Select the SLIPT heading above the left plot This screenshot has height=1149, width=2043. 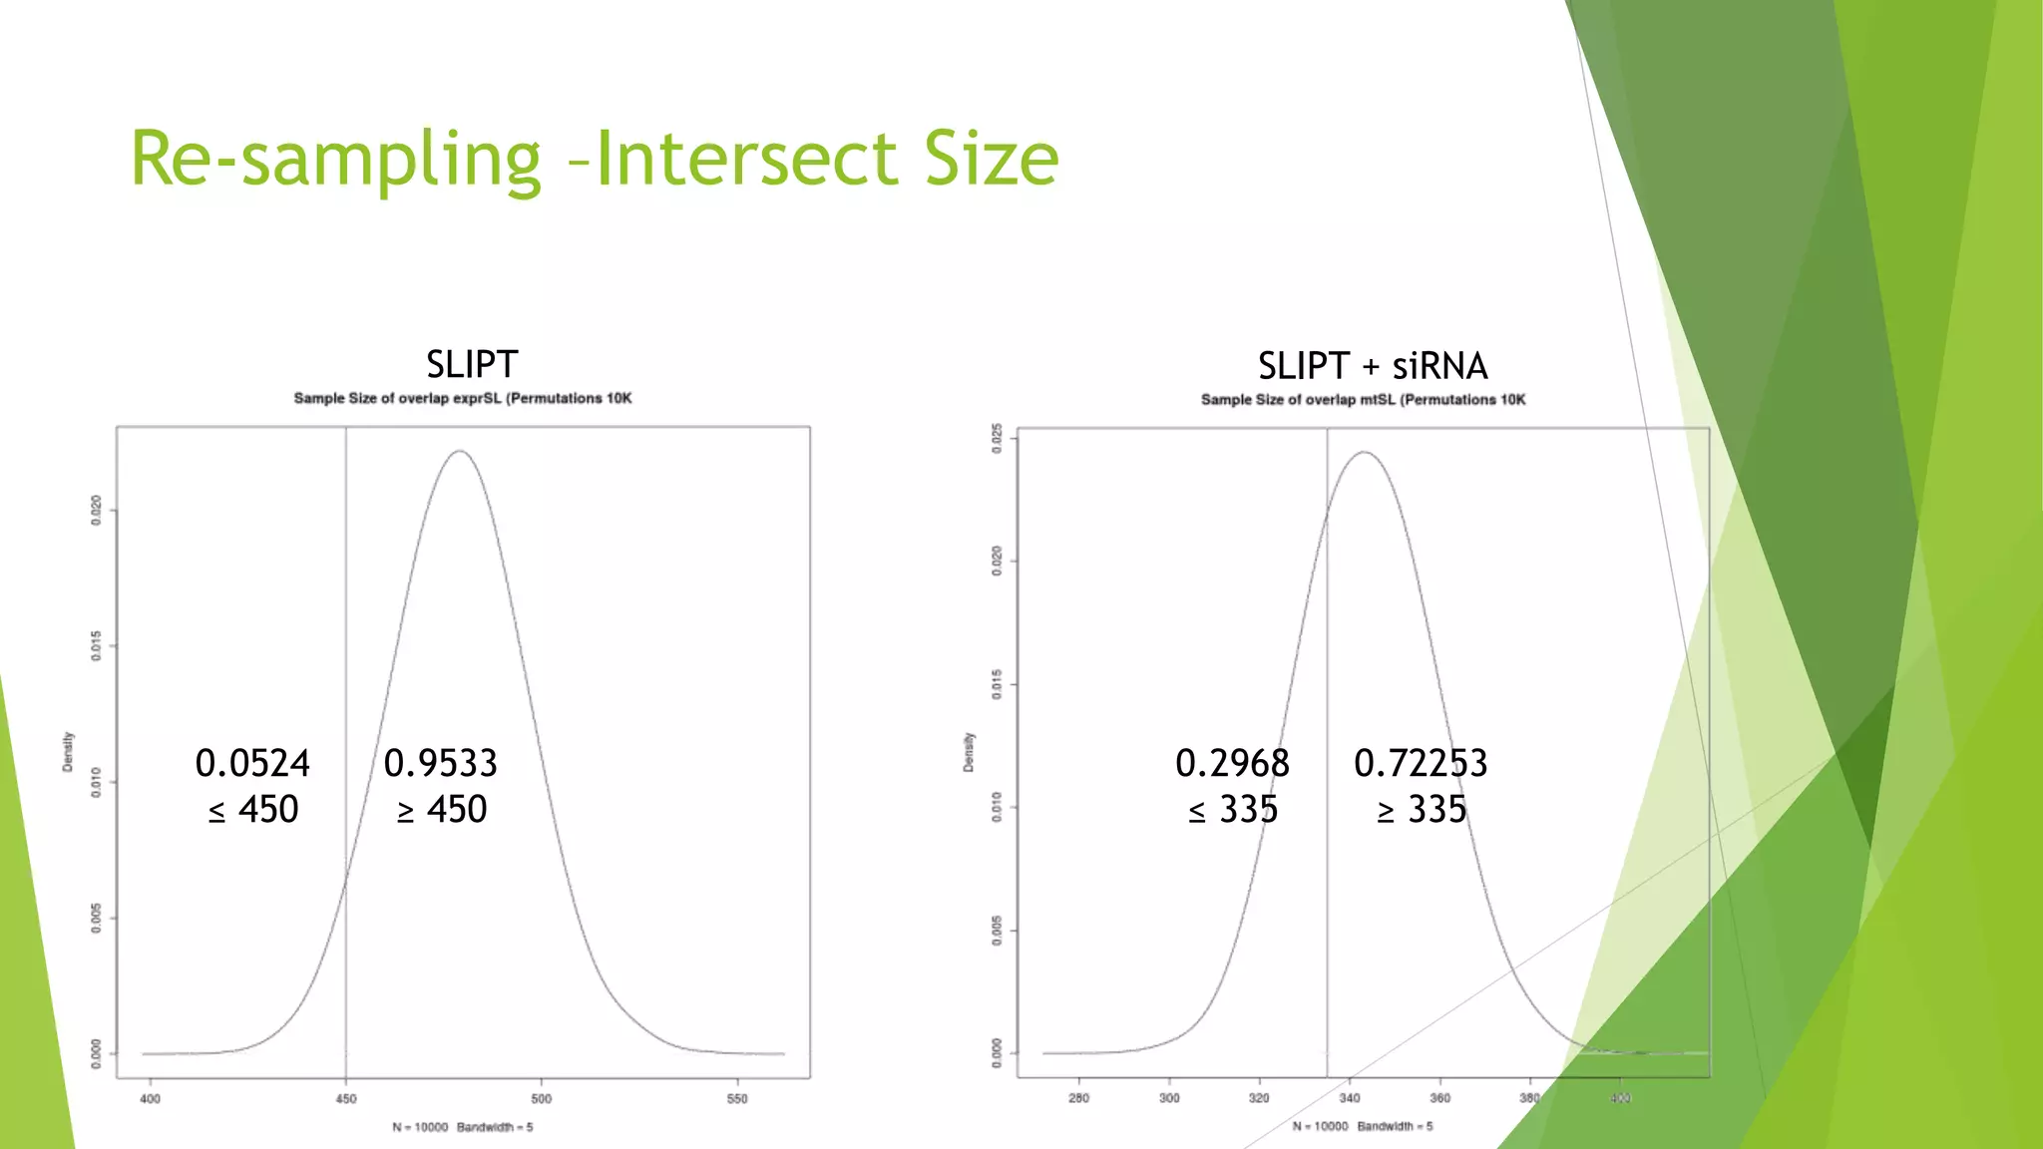coord(472,364)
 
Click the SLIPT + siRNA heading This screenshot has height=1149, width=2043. coord(1373,366)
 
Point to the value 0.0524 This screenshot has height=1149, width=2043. coord(252,763)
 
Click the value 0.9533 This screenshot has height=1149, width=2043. coord(440,763)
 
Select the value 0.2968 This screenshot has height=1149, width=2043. coord(1232,763)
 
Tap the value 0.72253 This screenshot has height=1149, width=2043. coord(1421,763)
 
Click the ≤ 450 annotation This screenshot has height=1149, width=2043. coord(253,809)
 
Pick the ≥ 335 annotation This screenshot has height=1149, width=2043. coord(1422,809)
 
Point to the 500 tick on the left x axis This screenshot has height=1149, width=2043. coord(541,1099)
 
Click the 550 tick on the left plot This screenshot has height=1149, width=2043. coord(737,1099)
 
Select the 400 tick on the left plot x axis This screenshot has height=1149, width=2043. coord(150,1099)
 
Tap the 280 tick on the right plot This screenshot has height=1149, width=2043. coord(1078,1098)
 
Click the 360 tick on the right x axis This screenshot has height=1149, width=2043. coord(1439,1098)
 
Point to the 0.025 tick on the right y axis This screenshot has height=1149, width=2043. coord(997,439)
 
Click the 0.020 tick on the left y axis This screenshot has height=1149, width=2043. coord(96,510)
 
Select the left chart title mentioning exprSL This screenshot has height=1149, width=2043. coord(462,398)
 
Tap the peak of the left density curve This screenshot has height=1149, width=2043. coord(460,452)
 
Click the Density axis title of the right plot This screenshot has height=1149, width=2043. coord(968,752)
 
